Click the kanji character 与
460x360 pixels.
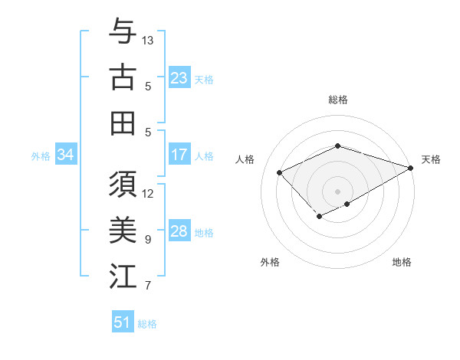[x=123, y=33]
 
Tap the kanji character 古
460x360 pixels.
[x=123, y=77]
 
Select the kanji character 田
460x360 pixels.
[x=123, y=122]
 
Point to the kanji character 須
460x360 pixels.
[x=123, y=185]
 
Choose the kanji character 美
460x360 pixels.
[x=123, y=231]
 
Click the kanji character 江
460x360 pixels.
[x=123, y=276]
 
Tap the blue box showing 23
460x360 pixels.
[x=179, y=78]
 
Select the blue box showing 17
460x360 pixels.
[x=179, y=155]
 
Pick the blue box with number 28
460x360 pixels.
[x=179, y=231]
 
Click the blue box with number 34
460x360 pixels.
[x=65, y=155]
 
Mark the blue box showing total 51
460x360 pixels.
[x=122, y=322]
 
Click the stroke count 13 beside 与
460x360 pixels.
[x=148, y=39]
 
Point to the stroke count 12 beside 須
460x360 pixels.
[x=148, y=193]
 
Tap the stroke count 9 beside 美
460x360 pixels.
[x=148, y=240]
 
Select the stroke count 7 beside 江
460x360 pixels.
[x=148, y=286]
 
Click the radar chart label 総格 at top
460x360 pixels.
[x=338, y=100]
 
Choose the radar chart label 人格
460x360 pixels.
[x=245, y=159]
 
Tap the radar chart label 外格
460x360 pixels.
[x=270, y=263]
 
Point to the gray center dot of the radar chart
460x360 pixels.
[x=337, y=191]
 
